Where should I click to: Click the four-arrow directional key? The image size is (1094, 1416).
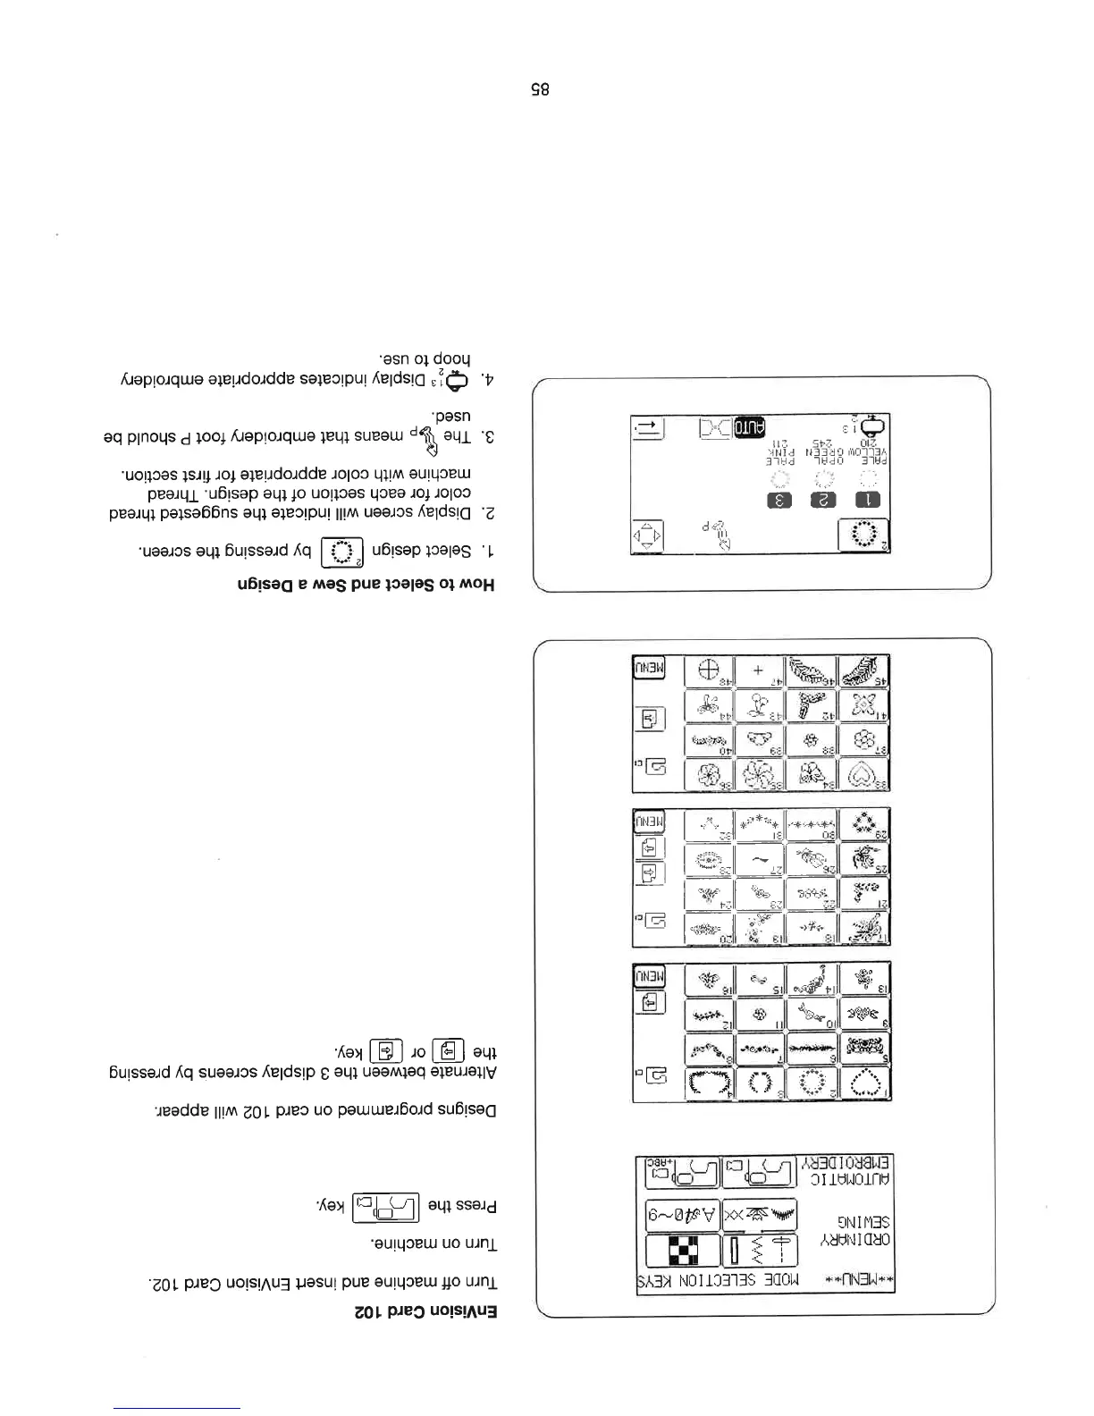coord(646,537)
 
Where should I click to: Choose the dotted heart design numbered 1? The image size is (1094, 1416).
coord(865,1084)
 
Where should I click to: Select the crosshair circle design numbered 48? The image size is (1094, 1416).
coord(709,670)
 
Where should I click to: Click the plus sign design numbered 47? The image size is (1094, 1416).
coord(759,670)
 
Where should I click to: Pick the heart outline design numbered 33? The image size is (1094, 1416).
coord(864,774)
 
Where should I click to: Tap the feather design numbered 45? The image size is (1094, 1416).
coord(864,670)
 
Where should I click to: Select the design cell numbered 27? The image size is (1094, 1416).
coord(760,859)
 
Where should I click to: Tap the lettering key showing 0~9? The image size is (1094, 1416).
coord(683,1214)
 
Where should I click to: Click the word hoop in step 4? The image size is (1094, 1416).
coord(452,360)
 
